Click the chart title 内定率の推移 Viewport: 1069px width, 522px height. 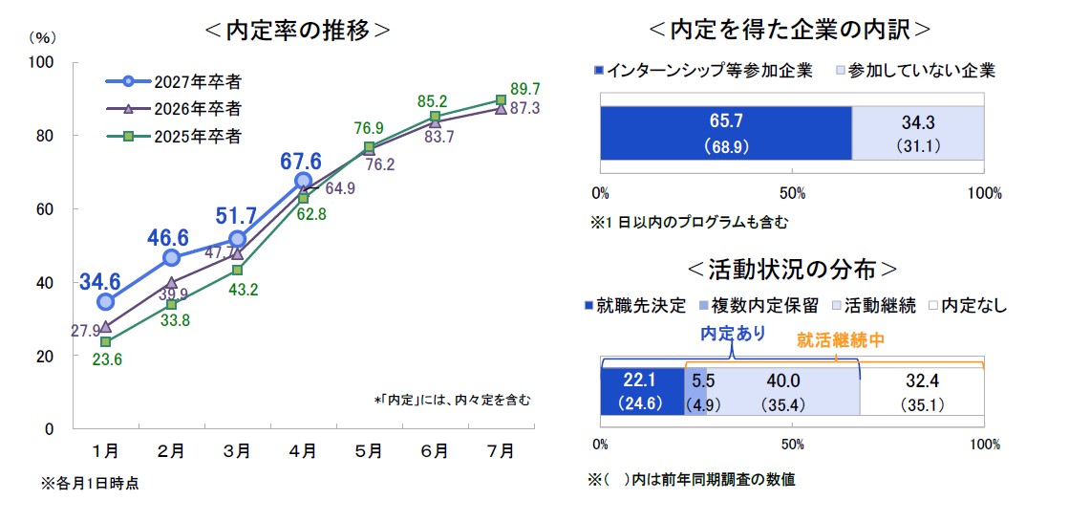(x=297, y=30)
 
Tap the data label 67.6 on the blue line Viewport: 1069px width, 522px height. (x=300, y=160)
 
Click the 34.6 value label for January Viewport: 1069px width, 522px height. (x=99, y=281)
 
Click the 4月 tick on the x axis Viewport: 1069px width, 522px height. (x=303, y=449)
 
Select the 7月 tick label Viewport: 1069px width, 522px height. (x=501, y=449)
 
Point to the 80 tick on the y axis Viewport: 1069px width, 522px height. (x=68, y=135)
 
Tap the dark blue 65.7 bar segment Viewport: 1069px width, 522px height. (x=725, y=133)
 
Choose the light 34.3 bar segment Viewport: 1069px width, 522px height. (x=917, y=133)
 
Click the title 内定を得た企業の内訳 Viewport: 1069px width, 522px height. (x=788, y=30)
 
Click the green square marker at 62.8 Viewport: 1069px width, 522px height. (x=303, y=198)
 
